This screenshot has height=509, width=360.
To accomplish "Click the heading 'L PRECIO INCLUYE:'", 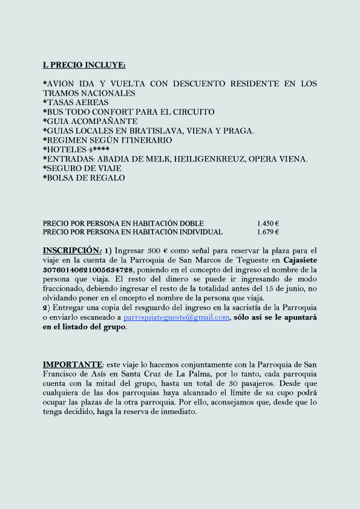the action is pyautogui.click(x=84, y=65).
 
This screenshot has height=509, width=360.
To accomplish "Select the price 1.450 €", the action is pyautogui.click(x=267, y=223).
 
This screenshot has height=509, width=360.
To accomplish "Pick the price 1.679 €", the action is pyautogui.click(x=267, y=232).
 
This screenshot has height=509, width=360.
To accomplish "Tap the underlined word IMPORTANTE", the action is pyautogui.click(x=73, y=365).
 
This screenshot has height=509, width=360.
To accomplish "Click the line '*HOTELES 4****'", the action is pyautogui.click(x=76, y=150).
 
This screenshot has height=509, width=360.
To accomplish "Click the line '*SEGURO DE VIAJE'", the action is pyautogui.click(x=82, y=169).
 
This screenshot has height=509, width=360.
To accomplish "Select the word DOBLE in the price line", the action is pyautogui.click(x=191, y=223).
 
